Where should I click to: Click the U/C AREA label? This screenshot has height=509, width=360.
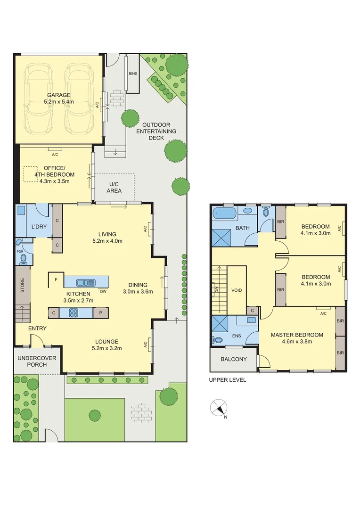pos(114,187)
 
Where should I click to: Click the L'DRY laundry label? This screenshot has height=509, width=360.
pos(39,227)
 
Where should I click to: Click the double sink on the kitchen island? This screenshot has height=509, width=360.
pos(86,282)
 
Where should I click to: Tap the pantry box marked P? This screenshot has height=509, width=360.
pos(100,312)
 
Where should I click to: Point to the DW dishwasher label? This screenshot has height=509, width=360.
pos(103,291)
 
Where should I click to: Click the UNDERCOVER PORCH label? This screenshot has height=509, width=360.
pos(37,361)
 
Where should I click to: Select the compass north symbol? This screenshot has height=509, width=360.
pos(219,408)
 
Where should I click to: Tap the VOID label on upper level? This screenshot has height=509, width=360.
pos(236,290)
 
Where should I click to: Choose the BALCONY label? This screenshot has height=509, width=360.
pos(233,359)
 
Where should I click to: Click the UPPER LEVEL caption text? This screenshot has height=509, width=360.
pos(228,379)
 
